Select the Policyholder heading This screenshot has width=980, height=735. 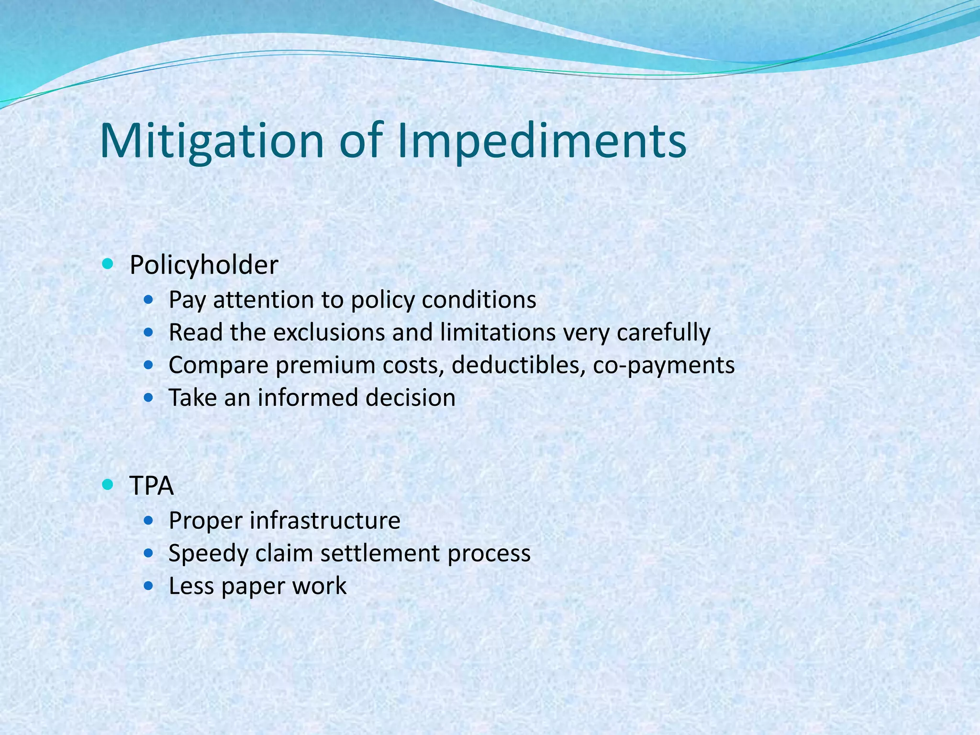pos(204,265)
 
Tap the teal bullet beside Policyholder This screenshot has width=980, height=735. pos(108,263)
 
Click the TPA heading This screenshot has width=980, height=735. pos(151,486)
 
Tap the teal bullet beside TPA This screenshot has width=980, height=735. pos(108,485)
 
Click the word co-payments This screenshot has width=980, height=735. pos(663,365)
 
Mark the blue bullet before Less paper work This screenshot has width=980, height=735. pos(149,585)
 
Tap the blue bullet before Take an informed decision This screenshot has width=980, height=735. pos(149,397)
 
